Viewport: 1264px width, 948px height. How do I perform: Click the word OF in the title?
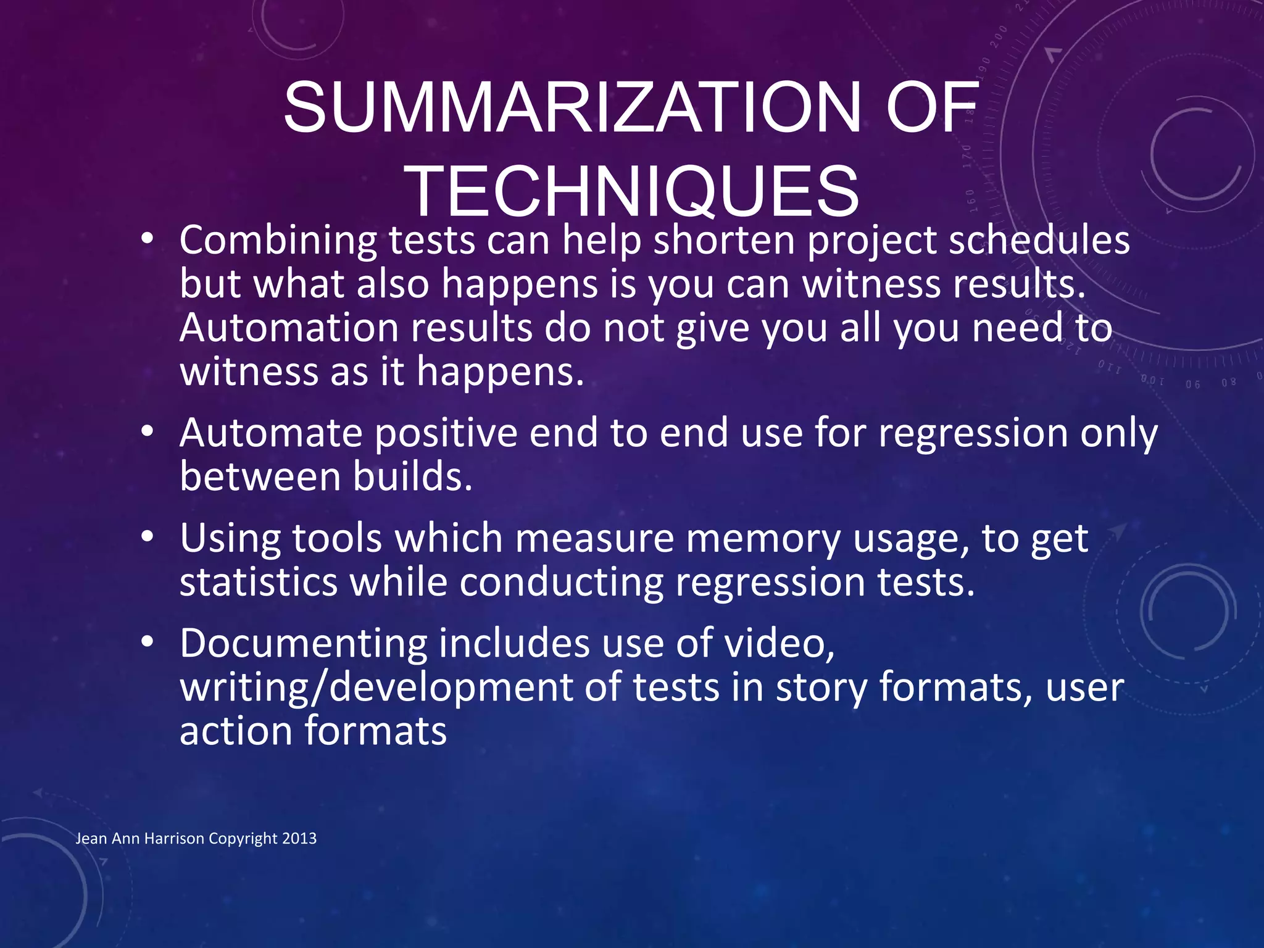pos(932,108)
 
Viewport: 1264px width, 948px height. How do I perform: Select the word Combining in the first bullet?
pos(278,241)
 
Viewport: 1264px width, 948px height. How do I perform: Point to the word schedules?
pos(1039,241)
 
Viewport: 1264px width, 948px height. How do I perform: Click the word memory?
pos(763,539)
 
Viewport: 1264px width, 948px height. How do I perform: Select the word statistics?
pos(259,583)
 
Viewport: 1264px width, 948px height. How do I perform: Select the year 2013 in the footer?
pos(299,839)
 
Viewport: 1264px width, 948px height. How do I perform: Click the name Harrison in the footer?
pos(174,839)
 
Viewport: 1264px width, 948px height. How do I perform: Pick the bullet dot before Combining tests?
pos(146,240)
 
